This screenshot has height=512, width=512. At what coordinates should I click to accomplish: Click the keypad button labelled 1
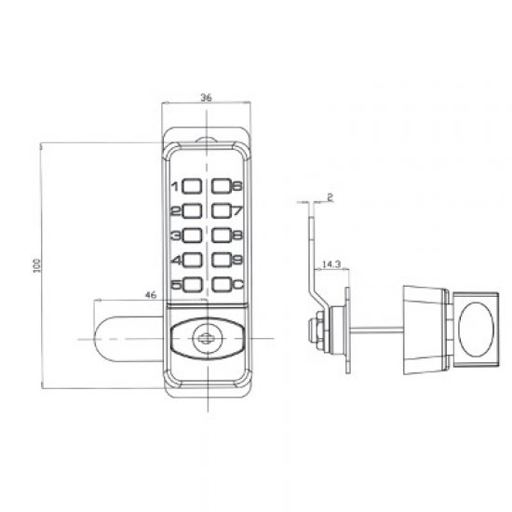(191, 186)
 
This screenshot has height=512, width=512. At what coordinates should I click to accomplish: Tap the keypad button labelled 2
(191, 211)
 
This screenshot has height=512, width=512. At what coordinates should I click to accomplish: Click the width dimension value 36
(206, 95)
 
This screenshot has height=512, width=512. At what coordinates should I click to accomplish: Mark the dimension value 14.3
(330, 264)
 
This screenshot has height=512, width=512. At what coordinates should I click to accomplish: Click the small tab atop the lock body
(207, 141)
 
